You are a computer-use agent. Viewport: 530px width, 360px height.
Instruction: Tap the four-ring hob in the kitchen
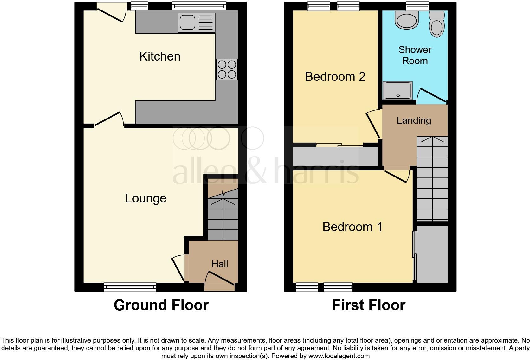227,69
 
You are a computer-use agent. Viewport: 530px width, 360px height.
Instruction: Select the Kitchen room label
160,56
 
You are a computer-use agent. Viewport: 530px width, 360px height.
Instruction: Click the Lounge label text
145,198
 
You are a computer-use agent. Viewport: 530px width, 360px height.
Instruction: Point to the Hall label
220,264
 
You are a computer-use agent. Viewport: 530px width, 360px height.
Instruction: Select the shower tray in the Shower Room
398,90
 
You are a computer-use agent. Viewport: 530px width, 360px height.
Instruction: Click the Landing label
414,120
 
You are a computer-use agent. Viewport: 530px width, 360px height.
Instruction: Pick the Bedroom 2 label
335,77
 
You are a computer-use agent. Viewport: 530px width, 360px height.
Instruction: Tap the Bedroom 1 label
352,227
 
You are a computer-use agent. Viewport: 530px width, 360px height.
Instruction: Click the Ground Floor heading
161,305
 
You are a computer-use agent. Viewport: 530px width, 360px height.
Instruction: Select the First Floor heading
369,305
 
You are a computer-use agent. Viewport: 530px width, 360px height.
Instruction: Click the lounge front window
130,287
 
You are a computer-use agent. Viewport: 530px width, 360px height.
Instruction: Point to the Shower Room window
413,5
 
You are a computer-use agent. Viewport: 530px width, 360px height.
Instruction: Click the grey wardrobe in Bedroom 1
432,254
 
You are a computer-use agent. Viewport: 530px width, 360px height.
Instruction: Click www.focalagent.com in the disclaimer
339,356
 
